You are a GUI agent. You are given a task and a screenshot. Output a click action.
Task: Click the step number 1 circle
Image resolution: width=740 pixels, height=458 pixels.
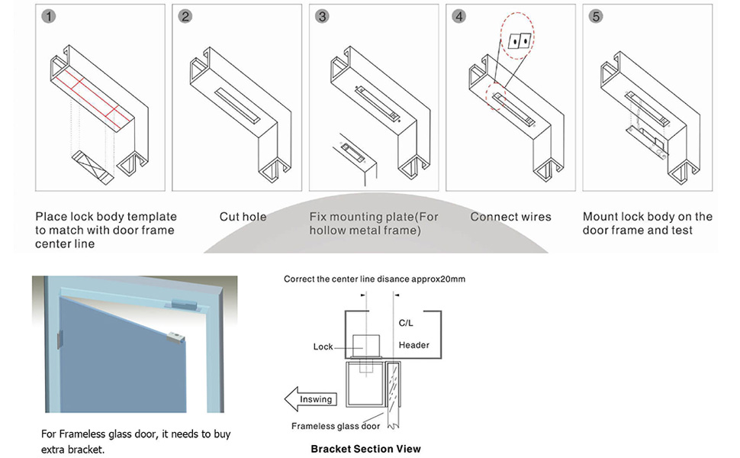(48, 16)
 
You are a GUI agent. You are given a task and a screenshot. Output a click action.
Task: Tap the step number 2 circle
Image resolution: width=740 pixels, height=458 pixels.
(185, 16)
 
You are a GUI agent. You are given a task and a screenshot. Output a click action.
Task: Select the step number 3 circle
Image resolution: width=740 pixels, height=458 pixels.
(322, 16)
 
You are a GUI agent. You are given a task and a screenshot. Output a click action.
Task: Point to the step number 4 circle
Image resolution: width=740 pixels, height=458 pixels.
(458, 16)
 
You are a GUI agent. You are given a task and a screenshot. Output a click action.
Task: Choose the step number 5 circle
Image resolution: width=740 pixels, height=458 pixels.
(595, 16)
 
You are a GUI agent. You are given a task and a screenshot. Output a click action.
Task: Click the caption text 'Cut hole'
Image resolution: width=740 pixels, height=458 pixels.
(243, 217)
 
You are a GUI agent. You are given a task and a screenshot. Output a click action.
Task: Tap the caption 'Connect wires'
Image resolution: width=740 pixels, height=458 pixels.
(510, 217)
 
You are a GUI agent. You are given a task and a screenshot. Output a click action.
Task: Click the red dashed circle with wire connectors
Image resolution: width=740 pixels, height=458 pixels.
(518, 41)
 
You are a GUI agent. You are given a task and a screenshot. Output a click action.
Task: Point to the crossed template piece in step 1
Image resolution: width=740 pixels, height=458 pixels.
(92, 166)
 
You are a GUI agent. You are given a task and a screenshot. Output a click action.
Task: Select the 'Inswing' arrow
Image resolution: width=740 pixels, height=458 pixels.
(309, 399)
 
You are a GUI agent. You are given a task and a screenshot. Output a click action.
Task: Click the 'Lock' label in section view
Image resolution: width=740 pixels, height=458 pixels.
(323, 347)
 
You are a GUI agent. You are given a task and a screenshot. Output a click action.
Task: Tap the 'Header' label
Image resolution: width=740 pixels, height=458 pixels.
(413, 345)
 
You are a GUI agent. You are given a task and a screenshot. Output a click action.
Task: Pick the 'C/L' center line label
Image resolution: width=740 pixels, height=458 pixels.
(407, 324)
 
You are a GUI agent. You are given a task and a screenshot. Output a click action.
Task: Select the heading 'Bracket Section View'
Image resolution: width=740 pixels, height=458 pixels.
(365, 449)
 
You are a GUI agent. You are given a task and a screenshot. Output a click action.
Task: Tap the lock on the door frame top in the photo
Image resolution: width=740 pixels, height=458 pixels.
(186, 303)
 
